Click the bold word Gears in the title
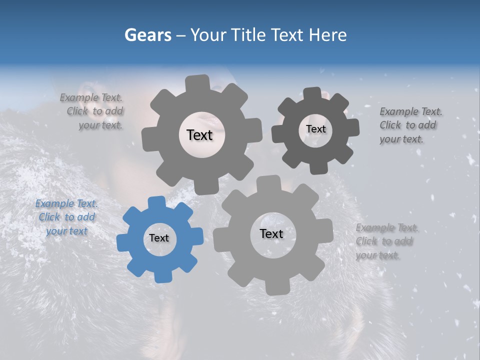pyautogui.click(x=147, y=35)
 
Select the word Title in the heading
pyautogui.click(x=248, y=35)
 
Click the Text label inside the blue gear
pyautogui.click(x=159, y=238)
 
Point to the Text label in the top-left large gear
pyautogui.click(x=199, y=135)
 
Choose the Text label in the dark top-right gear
pyautogui.click(x=315, y=129)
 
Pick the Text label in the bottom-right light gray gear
pyautogui.click(x=271, y=234)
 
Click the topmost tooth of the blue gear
pyautogui.click(x=156, y=202)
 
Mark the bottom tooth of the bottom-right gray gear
pyautogui.click(x=273, y=288)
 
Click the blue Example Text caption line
pyautogui.click(x=66, y=203)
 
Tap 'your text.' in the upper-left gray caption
pyautogui.click(x=100, y=125)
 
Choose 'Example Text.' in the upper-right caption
pyautogui.click(x=411, y=111)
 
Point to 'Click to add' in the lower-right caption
pyautogui.click(x=384, y=241)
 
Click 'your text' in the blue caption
pyautogui.click(x=66, y=231)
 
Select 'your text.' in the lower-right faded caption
pyautogui.click(x=378, y=255)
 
